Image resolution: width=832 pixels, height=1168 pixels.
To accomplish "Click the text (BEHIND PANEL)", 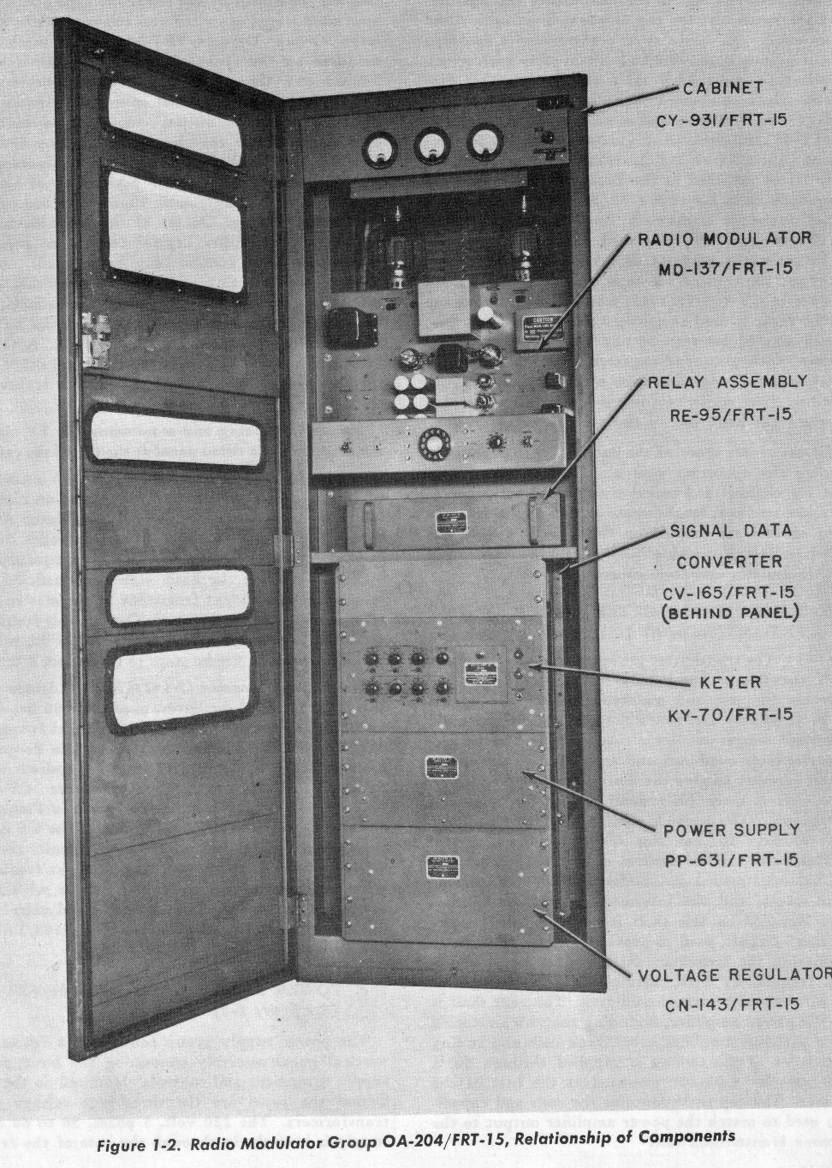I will coord(730,612).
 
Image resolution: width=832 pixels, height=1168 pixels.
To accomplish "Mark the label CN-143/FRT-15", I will coord(732,1004).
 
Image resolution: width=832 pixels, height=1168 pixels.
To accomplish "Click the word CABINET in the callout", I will coord(723,87).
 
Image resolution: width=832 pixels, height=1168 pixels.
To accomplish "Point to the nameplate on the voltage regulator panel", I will coord(444,868).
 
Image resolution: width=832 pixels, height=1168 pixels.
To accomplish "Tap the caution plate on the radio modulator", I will coord(536,330).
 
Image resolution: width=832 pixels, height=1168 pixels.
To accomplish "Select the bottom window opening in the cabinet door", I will coord(179,686).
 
